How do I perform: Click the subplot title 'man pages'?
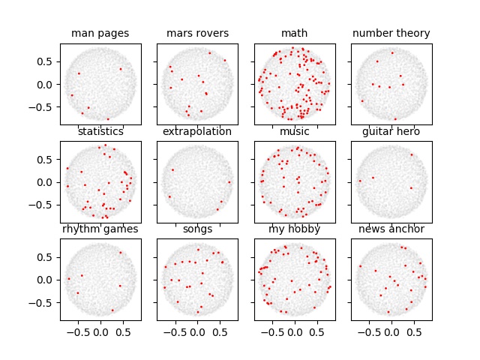point(100,34)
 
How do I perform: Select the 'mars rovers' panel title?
point(197,34)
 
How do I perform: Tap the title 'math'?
point(294,34)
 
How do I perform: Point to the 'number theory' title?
point(391,34)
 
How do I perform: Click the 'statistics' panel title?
point(100,132)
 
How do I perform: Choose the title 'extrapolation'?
point(197,132)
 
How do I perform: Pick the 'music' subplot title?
point(294,132)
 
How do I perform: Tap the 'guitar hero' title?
point(391,132)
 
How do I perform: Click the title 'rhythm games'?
point(100,229)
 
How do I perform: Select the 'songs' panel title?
point(197,229)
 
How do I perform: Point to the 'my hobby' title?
point(294,229)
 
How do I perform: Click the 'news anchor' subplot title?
point(391,229)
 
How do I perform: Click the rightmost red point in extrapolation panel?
point(229,182)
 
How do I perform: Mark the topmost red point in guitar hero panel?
point(411,154)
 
